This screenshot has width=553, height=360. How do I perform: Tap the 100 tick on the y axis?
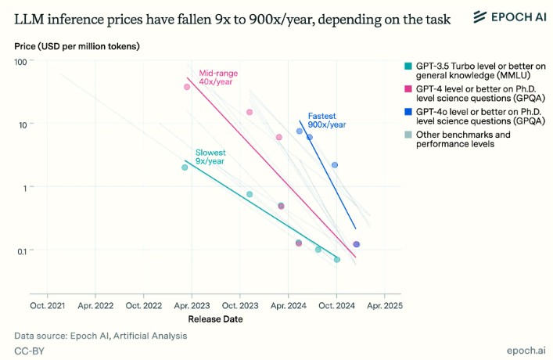(20, 61)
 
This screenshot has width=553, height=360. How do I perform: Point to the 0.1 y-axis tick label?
(21, 250)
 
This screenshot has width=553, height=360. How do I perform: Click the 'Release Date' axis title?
(215, 319)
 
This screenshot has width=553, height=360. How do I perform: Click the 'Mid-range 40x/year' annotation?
(218, 77)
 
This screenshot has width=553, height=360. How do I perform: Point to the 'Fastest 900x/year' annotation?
(326, 120)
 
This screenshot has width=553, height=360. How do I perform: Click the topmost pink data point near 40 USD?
(186, 87)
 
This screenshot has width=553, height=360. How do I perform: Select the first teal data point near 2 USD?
(185, 167)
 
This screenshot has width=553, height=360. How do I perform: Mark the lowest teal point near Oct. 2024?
(337, 259)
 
